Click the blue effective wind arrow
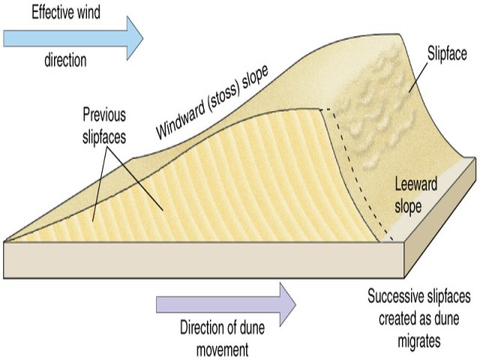pos(71,36)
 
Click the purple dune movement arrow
pos(225,304)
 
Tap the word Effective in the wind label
pos(32,10)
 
